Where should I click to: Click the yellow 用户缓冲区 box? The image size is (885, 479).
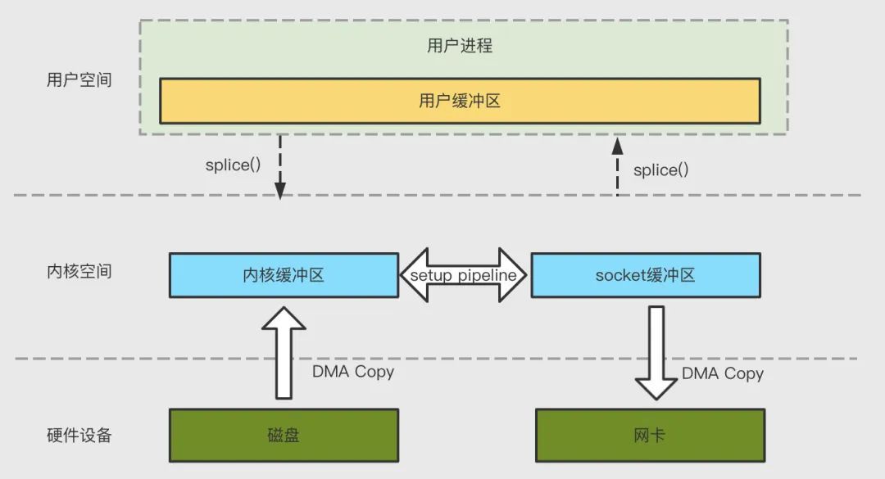tap(460, 102)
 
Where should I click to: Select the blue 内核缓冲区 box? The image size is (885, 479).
tap(284, 275)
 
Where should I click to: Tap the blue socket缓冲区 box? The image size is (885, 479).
tap(645, 275)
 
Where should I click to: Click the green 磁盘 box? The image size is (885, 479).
tap(284, 435)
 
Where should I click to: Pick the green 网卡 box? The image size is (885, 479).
tap(650, 435)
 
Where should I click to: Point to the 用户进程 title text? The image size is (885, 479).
tap(460, 45)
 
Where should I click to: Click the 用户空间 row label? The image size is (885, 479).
tap(79, 80)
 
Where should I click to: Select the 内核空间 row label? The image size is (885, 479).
tap(79, 271)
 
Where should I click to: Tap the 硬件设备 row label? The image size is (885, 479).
tap(79, 435)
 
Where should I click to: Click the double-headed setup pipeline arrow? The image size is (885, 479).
tap(465, 275)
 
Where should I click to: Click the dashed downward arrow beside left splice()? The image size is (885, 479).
tap(279, 167)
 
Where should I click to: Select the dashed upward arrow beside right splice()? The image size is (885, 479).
tap(618, 167)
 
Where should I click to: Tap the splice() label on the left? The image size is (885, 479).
tap(233, 165)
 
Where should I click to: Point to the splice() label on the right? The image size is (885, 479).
tap(660, 170)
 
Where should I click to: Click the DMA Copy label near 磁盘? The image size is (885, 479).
tap(353, 372)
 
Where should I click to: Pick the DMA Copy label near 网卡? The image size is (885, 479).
tap(723, 374)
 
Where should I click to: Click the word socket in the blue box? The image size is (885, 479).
tap(620, 275)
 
